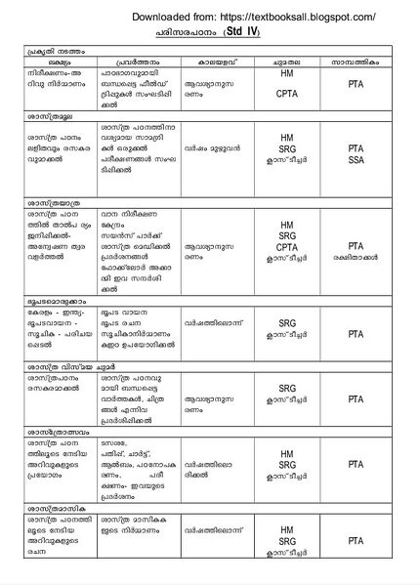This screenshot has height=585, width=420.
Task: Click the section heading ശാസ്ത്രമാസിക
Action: [x=47, y=506]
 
